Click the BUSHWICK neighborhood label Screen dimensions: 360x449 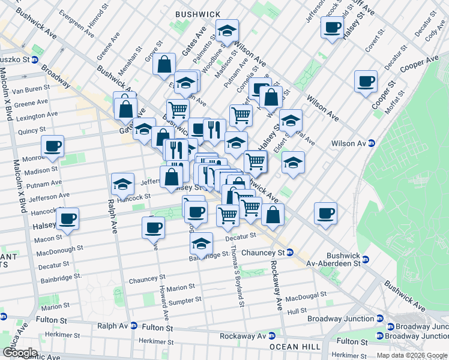[197, 14]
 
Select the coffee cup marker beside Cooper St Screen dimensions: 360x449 [366, 82]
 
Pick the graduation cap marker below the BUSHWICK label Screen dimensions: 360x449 [227, 31]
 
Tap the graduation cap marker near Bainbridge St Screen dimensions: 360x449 [202, 244]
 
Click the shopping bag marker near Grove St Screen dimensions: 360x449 [164, 64]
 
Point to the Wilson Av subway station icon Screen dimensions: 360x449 [372, 143]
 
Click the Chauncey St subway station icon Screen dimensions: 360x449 [289, 252]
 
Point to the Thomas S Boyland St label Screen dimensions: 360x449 [238, 276]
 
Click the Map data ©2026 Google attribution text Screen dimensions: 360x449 [412, 355]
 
